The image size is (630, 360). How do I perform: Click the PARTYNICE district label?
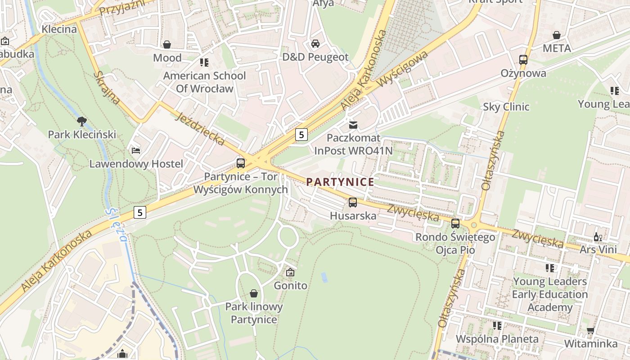(x=340, y=182)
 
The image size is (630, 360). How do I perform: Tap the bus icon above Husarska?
(x=353, y=202)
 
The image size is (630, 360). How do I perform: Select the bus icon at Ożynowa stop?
(x=523, y=59)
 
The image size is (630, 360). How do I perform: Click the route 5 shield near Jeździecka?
(x=301, y=134)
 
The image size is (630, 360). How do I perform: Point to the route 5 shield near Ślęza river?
(x=140, y=212)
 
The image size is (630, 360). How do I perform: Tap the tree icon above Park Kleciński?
(x=81, y=121)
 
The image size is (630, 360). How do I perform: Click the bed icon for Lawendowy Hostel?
(x=136, y=150)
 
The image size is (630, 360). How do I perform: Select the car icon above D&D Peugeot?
(x=315, y=44)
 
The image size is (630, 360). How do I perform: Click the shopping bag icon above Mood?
(x=167, y=45)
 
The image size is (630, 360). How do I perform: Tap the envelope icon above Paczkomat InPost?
(x=353, y=124)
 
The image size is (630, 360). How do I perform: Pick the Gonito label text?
(x=291, y=285)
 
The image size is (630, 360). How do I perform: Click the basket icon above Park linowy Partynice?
(x=254, y=293)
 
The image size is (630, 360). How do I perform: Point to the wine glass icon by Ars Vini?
(x=598, y=237)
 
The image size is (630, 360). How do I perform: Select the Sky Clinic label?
(x=506, y=107)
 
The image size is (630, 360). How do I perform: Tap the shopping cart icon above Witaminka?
(x=590, y=331)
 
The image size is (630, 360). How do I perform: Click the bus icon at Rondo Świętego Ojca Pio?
(x=455, y=223)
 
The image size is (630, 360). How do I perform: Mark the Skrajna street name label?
(x=107, y=87)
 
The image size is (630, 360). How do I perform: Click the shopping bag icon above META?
(x=557, y=35)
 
